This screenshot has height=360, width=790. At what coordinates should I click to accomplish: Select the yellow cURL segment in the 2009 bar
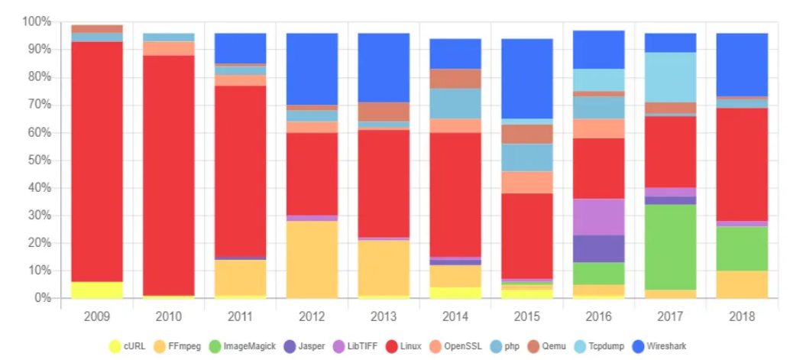(97, 290)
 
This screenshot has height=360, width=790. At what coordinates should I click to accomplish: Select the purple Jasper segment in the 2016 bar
(599, 248)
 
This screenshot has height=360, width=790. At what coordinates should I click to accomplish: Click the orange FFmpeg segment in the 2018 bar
(742, 284)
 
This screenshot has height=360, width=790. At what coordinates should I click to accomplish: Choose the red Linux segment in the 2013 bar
(384, 183)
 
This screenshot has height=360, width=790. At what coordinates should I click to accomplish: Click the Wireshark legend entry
(669, 346)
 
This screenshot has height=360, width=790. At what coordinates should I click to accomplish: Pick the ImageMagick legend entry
(241, 346)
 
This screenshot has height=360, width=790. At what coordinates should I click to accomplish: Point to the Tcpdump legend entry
(607, 346)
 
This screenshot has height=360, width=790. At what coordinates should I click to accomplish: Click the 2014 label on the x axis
(455, 315)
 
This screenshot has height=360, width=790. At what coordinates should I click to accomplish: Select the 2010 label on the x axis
(168, 315)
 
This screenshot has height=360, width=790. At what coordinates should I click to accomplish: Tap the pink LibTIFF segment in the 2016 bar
(599, 217)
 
